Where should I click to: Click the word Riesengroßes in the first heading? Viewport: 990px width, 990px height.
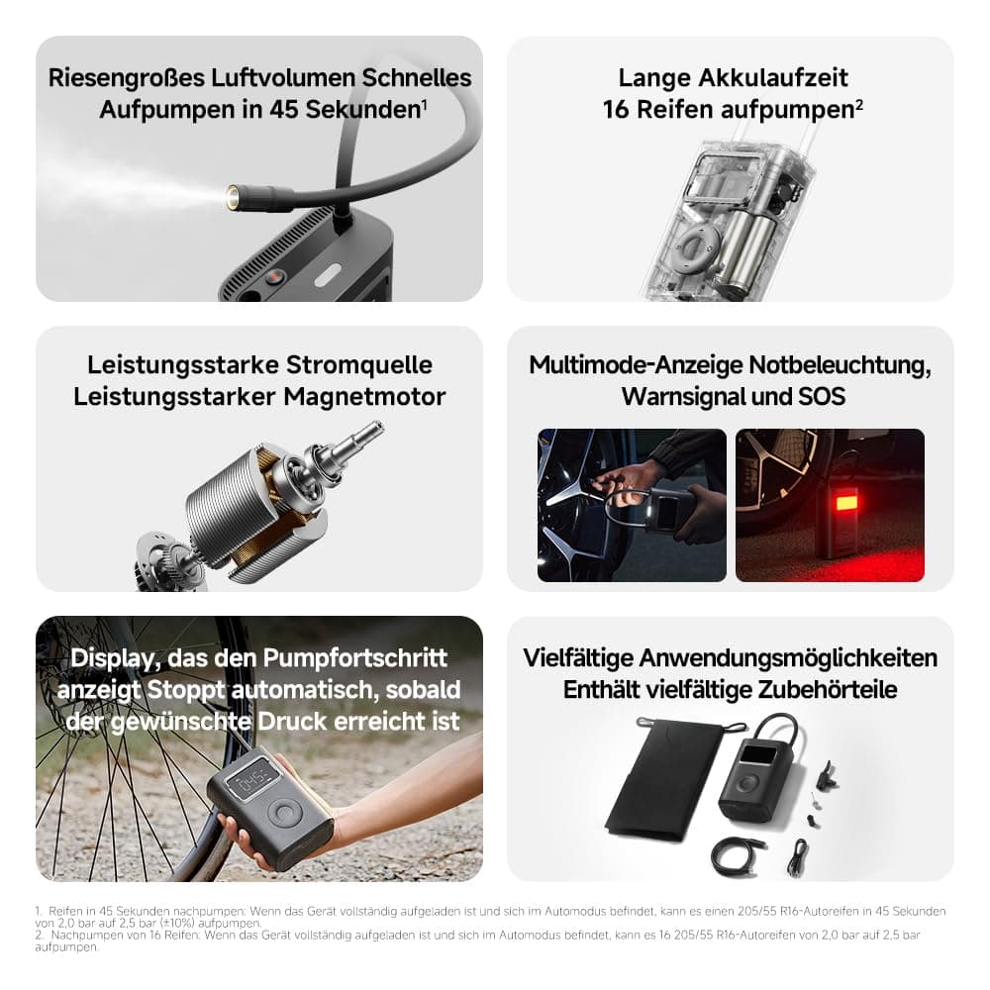coord(127,77)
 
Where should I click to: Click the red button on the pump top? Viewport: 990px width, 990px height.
coord(274,276)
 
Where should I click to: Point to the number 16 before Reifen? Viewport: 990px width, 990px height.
coord(616,109)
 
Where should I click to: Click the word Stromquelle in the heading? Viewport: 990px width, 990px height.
coord(359,365)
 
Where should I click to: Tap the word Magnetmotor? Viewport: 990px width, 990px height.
coord(364,397)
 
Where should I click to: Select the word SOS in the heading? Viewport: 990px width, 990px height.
coord(822,397)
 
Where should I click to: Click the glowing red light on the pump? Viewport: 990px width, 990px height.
coord(846,503)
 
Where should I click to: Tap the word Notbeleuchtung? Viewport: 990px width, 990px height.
coord(840,365)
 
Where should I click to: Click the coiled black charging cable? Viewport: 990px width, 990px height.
coord(737,855)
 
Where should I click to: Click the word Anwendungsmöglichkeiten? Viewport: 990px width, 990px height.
coord(788,658)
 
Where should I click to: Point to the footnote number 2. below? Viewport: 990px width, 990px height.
coord(40,936)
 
